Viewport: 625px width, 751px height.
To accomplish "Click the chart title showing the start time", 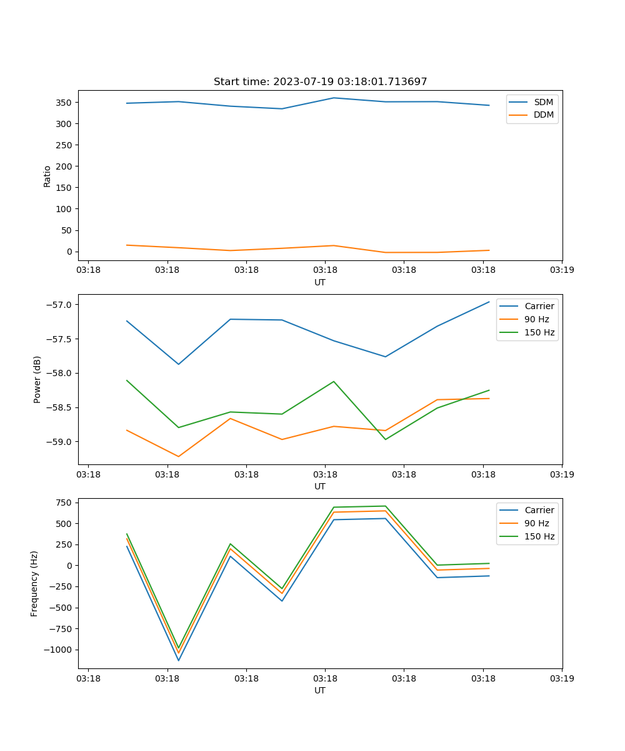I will pos(320,82).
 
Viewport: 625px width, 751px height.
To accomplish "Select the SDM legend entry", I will pos(543,102).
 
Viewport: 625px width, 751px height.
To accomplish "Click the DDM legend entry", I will pos(543,115).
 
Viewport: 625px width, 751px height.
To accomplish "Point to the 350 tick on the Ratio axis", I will pos(64,103).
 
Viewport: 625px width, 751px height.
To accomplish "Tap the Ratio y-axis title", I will pos(47,176).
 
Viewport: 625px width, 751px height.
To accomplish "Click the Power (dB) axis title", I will pos(37,379).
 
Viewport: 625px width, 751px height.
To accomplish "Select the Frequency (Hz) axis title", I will pos(35,583).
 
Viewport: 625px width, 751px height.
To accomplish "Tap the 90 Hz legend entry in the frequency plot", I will pos(537,523).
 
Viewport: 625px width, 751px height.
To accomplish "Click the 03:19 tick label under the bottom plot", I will pos(562,678).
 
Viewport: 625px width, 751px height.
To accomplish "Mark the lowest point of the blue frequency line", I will pos(179,660).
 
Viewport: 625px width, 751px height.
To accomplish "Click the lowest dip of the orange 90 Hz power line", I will pos(179,456).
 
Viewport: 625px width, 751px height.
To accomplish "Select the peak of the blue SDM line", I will pos(334,98).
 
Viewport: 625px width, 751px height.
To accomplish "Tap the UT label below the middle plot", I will pos(320,486).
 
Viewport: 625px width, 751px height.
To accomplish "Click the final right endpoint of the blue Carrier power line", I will pos(489,302).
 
